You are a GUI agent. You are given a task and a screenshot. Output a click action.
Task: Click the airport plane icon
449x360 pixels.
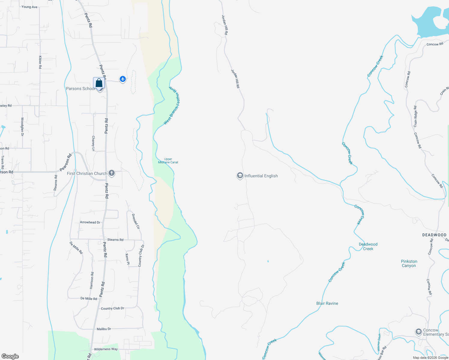(x=122, y=79)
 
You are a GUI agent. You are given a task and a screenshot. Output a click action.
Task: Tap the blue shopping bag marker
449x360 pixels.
(x=99, y=83)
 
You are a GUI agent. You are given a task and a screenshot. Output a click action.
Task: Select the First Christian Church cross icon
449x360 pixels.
(x=112, y=173)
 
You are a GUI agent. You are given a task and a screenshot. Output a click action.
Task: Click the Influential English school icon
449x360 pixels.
(x=240, y=176)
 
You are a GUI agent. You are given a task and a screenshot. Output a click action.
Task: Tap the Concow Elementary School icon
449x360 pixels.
(x=418, y=332)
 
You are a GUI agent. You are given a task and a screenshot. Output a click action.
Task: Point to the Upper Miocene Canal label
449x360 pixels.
(x=168, y=161)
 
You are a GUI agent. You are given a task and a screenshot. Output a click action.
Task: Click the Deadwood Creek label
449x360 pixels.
(x=368, y=246)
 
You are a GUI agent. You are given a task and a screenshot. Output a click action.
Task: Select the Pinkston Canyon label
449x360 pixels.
(x=409, y=263)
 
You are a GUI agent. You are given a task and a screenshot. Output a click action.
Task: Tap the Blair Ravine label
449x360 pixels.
(x=327, y=303)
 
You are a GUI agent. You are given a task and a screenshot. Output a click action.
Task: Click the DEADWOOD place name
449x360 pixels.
(x=434, y=235)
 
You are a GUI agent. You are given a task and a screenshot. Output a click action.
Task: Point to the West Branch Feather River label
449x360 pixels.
(x=172, y=108)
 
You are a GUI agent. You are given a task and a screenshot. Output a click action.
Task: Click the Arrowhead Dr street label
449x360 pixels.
(x=90, y=222)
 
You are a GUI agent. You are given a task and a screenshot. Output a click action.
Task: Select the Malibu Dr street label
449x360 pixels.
(x=104, y=329)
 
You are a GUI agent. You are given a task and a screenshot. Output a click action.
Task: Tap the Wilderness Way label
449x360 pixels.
(x=106, y=349)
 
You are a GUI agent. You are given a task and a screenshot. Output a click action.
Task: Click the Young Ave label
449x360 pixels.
(x=29, y=7)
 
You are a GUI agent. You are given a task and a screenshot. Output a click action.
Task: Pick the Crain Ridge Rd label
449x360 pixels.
(x=415, y=116)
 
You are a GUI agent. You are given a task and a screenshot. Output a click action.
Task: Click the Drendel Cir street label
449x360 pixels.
(x=136, y=221)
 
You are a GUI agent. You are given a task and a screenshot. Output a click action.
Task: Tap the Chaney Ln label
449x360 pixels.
(x=93, y=143)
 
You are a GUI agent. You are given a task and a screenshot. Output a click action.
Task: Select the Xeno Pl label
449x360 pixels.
(x=127, y=259)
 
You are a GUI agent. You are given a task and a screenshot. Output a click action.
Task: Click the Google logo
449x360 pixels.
(x=10, y=356)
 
